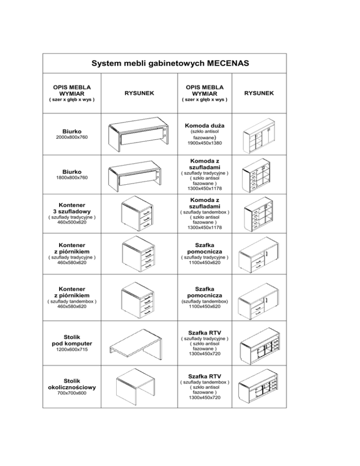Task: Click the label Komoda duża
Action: click(204, 126)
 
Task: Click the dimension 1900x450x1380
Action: click(204, 144)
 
